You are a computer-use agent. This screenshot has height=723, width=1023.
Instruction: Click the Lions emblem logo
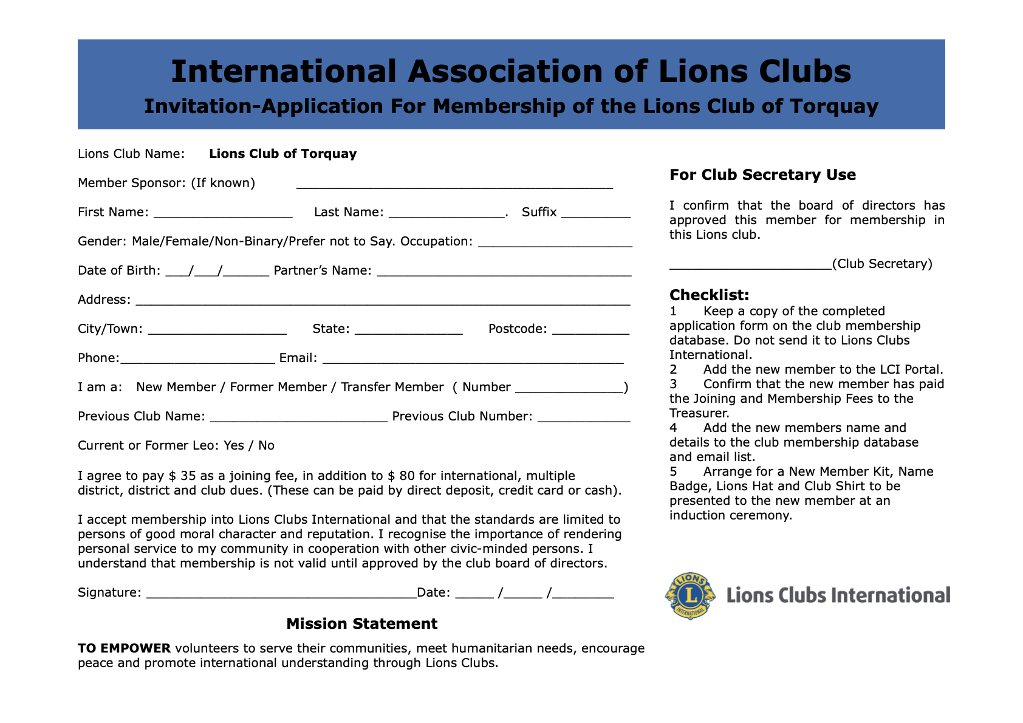(x=691, y=595)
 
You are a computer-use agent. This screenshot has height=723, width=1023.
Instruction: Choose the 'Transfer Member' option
(x=392, y=387)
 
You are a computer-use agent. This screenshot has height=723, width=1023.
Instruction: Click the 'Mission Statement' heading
(x=361, y=624)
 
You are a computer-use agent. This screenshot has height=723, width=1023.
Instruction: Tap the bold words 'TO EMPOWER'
(x=124, y=648)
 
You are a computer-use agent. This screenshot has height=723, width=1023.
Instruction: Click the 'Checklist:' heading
(x=709, y=295)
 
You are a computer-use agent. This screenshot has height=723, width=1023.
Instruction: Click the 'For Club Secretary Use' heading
(x=762, y=175)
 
